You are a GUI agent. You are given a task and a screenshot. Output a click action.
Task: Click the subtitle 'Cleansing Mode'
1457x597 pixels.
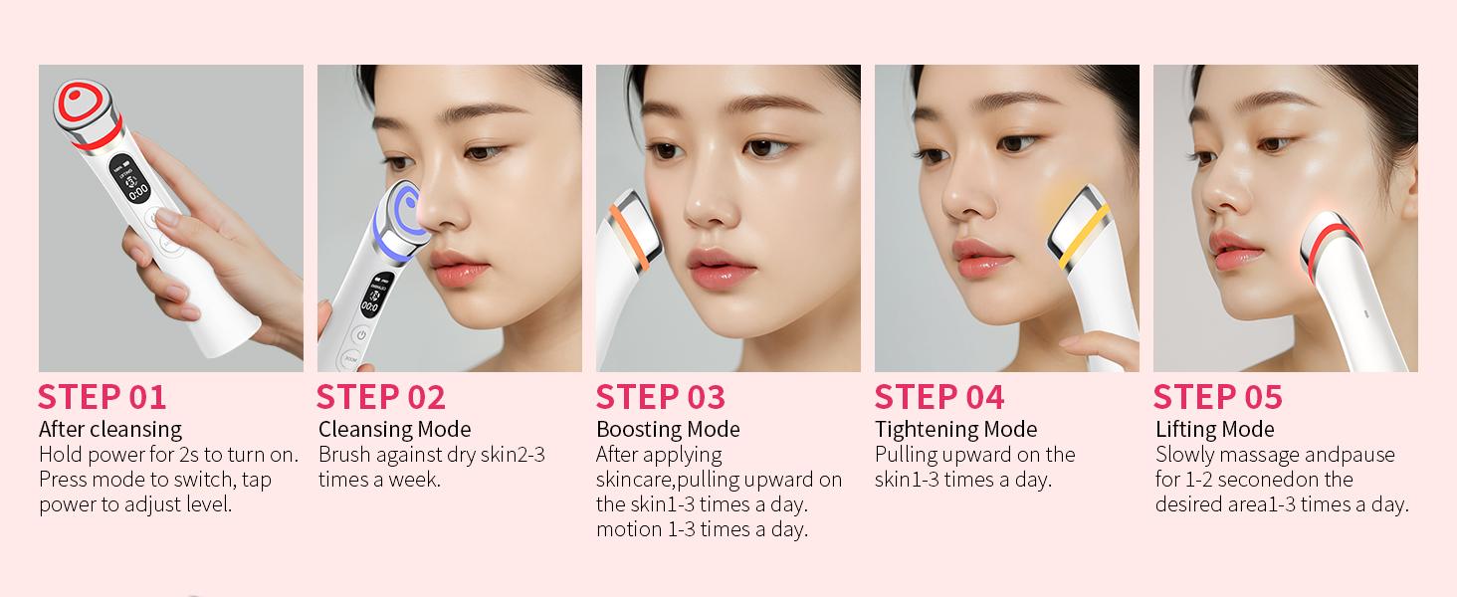tap(394, 429)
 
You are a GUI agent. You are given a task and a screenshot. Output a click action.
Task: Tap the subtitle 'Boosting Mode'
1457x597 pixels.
tap(668, 429)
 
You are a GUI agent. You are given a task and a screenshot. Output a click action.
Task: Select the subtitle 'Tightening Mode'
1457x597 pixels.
tap(955, 429)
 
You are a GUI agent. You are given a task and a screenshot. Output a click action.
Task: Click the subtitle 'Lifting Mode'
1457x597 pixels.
tap(1214, 429)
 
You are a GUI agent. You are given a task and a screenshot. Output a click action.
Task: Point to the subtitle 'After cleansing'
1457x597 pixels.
tap(110, 429)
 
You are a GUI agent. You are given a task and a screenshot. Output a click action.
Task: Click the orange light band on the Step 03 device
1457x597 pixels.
tap(623, 225)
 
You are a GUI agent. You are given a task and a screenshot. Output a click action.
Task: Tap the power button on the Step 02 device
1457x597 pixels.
tap(360, 336)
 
